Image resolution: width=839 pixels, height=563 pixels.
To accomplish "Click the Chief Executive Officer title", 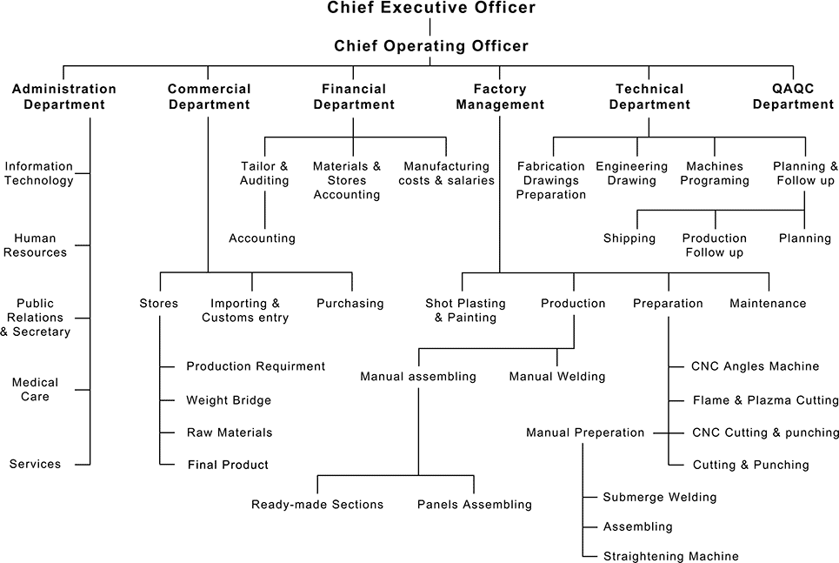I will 431,9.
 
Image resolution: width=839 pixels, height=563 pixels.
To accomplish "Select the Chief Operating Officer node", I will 431,46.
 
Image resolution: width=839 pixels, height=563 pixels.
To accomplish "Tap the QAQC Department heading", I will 793,97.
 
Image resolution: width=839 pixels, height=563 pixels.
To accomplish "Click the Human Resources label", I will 36,245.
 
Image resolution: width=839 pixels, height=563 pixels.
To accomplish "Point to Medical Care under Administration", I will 36,389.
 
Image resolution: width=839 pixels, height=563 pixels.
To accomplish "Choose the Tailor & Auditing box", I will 264,173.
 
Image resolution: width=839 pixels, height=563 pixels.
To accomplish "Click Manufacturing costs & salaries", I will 447,173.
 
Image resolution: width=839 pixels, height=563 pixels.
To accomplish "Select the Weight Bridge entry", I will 229,400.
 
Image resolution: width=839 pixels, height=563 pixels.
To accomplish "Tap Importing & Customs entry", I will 245,311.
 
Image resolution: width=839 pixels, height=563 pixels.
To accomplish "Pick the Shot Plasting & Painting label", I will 465,311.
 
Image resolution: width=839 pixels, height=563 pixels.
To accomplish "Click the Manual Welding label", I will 557,377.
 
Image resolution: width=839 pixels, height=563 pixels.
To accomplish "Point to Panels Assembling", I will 475,505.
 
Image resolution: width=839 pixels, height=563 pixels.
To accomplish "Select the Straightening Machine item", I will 670,556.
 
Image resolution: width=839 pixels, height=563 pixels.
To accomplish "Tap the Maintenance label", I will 769,304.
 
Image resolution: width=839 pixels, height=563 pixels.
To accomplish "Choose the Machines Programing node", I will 716,173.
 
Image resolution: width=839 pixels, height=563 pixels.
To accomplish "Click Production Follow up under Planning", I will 715,245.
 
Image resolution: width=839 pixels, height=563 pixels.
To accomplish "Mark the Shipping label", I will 629,238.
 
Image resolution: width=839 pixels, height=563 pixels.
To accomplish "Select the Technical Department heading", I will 649,97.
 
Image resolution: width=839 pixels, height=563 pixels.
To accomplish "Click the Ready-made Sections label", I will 317,505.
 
